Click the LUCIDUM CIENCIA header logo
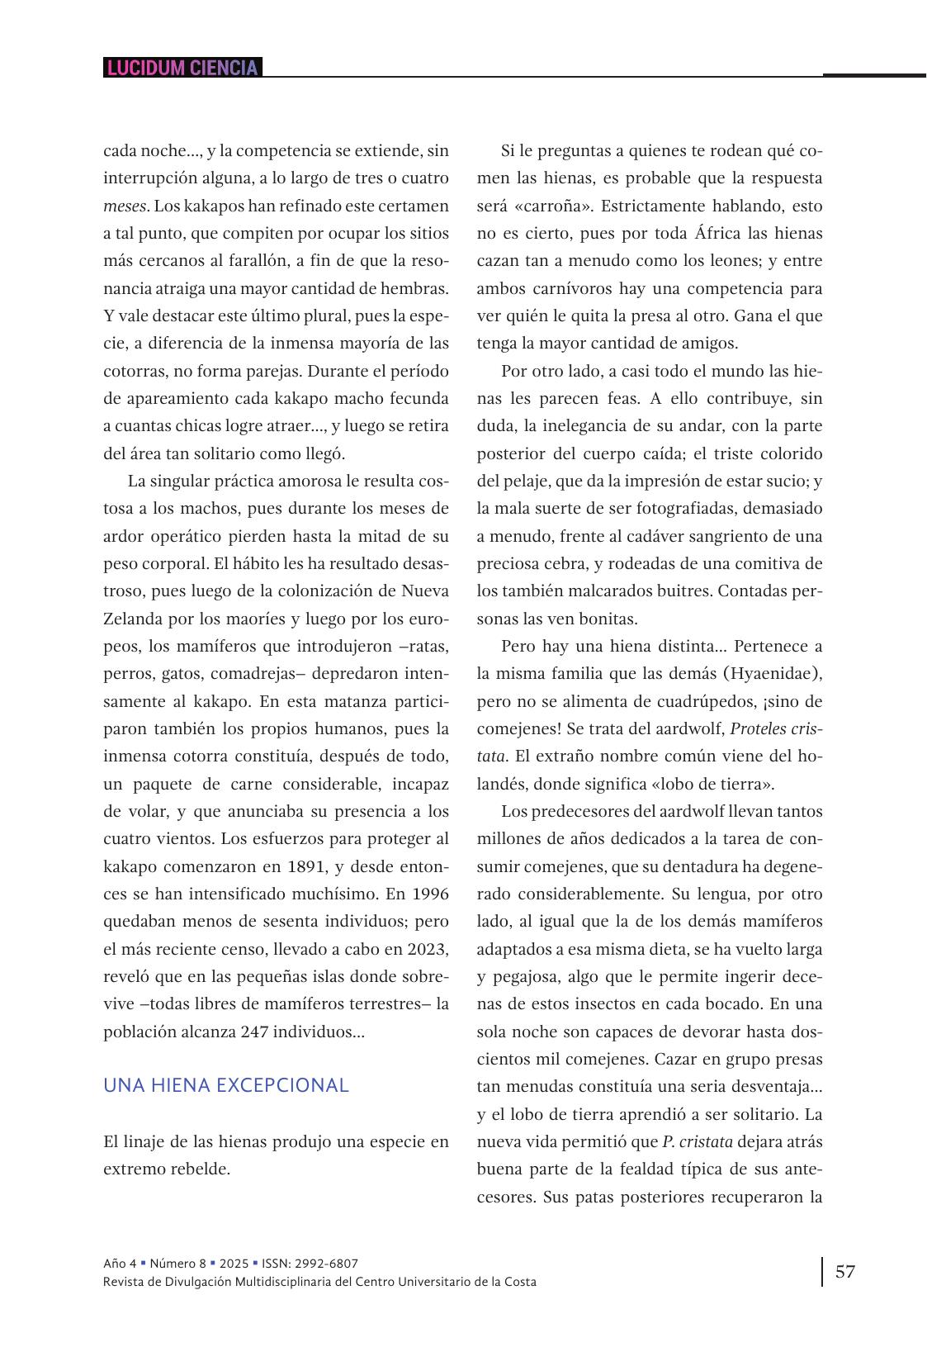[x=182, y=68]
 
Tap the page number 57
[x=845, y=1271]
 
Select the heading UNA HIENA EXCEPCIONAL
[x=226, y=1085]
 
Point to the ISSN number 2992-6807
[x=328, y=1263]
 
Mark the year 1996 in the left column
[x=429, y=894]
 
